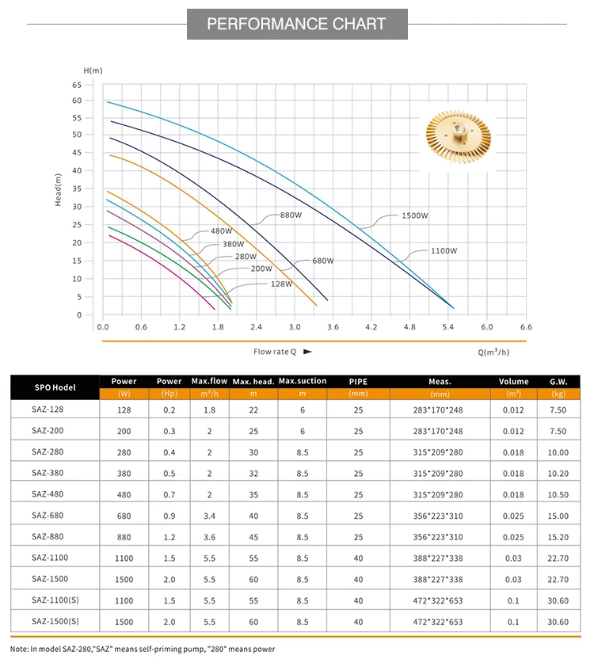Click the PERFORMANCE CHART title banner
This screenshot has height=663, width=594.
pos(297,24)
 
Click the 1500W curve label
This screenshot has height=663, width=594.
pos(414,215)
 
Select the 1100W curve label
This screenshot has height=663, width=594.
pos(444,251)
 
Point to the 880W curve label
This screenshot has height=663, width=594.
pos(291,215)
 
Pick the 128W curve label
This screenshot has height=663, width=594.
pos(281,284)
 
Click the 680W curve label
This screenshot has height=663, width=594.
pos(322,261)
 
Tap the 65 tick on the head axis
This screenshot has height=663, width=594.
pos(77,84)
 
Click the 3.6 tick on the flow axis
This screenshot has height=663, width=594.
pos(333,326)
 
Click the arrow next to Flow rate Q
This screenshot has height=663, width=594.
pos(307,350)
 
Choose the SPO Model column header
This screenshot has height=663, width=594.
pos(55,387)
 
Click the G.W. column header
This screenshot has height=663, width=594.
pos(558,381)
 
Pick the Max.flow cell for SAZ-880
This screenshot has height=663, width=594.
pos(210,536)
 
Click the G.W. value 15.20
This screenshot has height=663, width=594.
pos(558,536)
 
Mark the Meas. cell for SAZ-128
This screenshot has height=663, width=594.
pos(440,410)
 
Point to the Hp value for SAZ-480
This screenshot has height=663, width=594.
pos(169,494)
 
